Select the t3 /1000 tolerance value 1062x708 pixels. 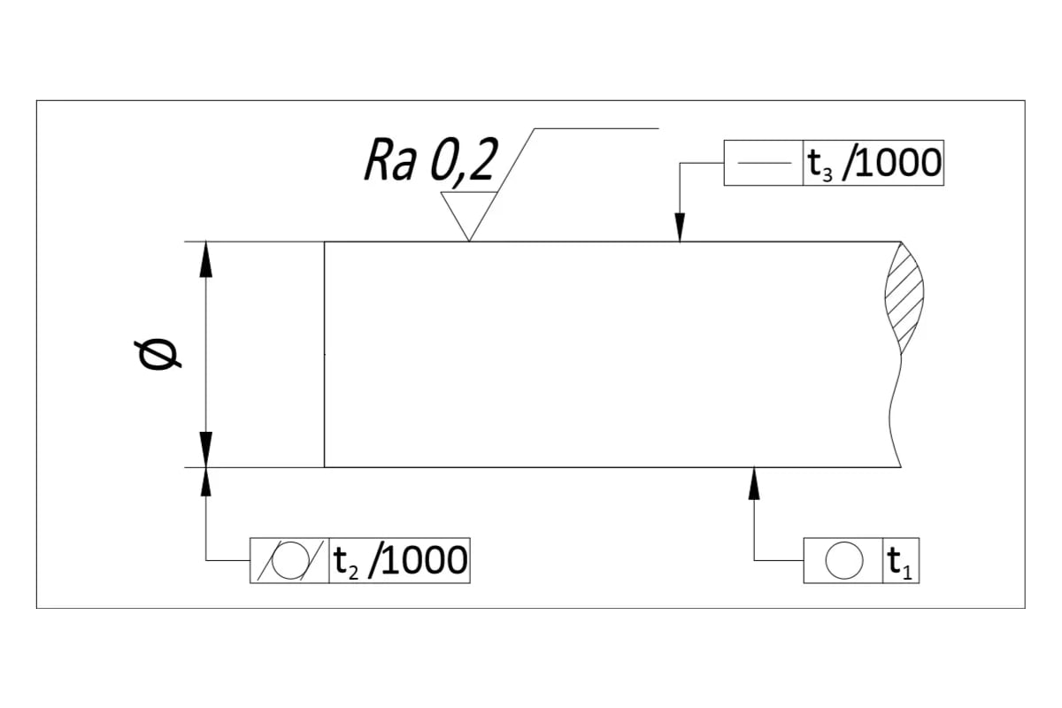[x=873, y=163]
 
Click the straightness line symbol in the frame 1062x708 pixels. [x=763, y=163]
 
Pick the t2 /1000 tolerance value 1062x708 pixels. [x=399, y=560]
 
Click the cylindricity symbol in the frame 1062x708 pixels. [x=289, y=561]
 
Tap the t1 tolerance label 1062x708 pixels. [x=902, y=561]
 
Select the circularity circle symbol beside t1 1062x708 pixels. [x=843, y=560]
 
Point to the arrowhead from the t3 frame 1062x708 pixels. [x=679, y=229]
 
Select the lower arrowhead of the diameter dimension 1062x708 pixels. [x=205, y=448]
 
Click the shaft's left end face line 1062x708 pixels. [x=324, y=354]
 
